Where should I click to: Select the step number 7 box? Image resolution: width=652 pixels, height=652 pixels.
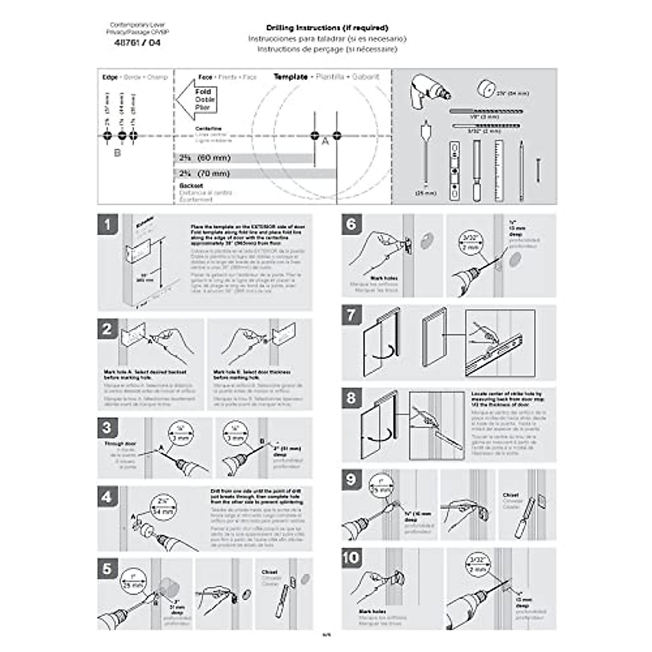tap(352, 315)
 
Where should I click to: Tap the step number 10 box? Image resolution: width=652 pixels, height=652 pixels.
tap(352, 557)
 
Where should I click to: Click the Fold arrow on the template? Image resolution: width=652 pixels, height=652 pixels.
tap(197, 99)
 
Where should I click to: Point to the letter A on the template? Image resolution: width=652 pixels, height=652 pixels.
tap(325, 142)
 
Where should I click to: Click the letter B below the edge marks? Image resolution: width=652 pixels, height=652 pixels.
tap(117, 153)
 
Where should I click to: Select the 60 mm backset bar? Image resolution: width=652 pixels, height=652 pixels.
tap(244, 158)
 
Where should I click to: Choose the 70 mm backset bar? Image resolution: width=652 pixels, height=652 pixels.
tap(255, 174)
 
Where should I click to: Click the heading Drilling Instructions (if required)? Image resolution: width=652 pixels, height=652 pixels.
tap(327, 28)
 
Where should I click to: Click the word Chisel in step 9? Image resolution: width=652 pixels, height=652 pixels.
tap(510, 495)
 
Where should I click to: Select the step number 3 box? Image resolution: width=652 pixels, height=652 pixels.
tap(108, 428)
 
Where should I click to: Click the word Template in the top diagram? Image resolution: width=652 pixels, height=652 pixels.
tap(291, 77)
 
